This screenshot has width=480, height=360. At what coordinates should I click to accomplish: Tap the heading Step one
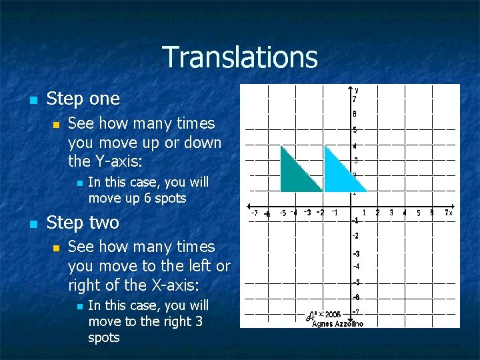(83, 99)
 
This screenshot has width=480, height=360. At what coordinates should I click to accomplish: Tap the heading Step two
(83, 222)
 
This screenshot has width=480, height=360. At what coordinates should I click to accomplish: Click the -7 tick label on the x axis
(254, 213)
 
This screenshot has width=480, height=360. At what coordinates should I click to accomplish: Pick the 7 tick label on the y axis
(355, 99)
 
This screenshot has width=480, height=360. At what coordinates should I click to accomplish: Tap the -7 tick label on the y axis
(356, 312)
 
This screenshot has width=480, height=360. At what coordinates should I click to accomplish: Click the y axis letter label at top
(357, 89)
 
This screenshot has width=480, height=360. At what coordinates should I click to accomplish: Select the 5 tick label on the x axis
(419, 213)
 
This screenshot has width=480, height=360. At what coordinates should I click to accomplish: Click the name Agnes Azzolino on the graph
(337, 323)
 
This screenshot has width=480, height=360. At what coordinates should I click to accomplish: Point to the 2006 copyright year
(332, 314)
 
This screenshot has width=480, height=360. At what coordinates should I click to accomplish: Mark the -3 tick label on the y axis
(356, 253)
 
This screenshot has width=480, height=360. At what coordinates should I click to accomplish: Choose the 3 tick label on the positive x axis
(391, 213)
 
